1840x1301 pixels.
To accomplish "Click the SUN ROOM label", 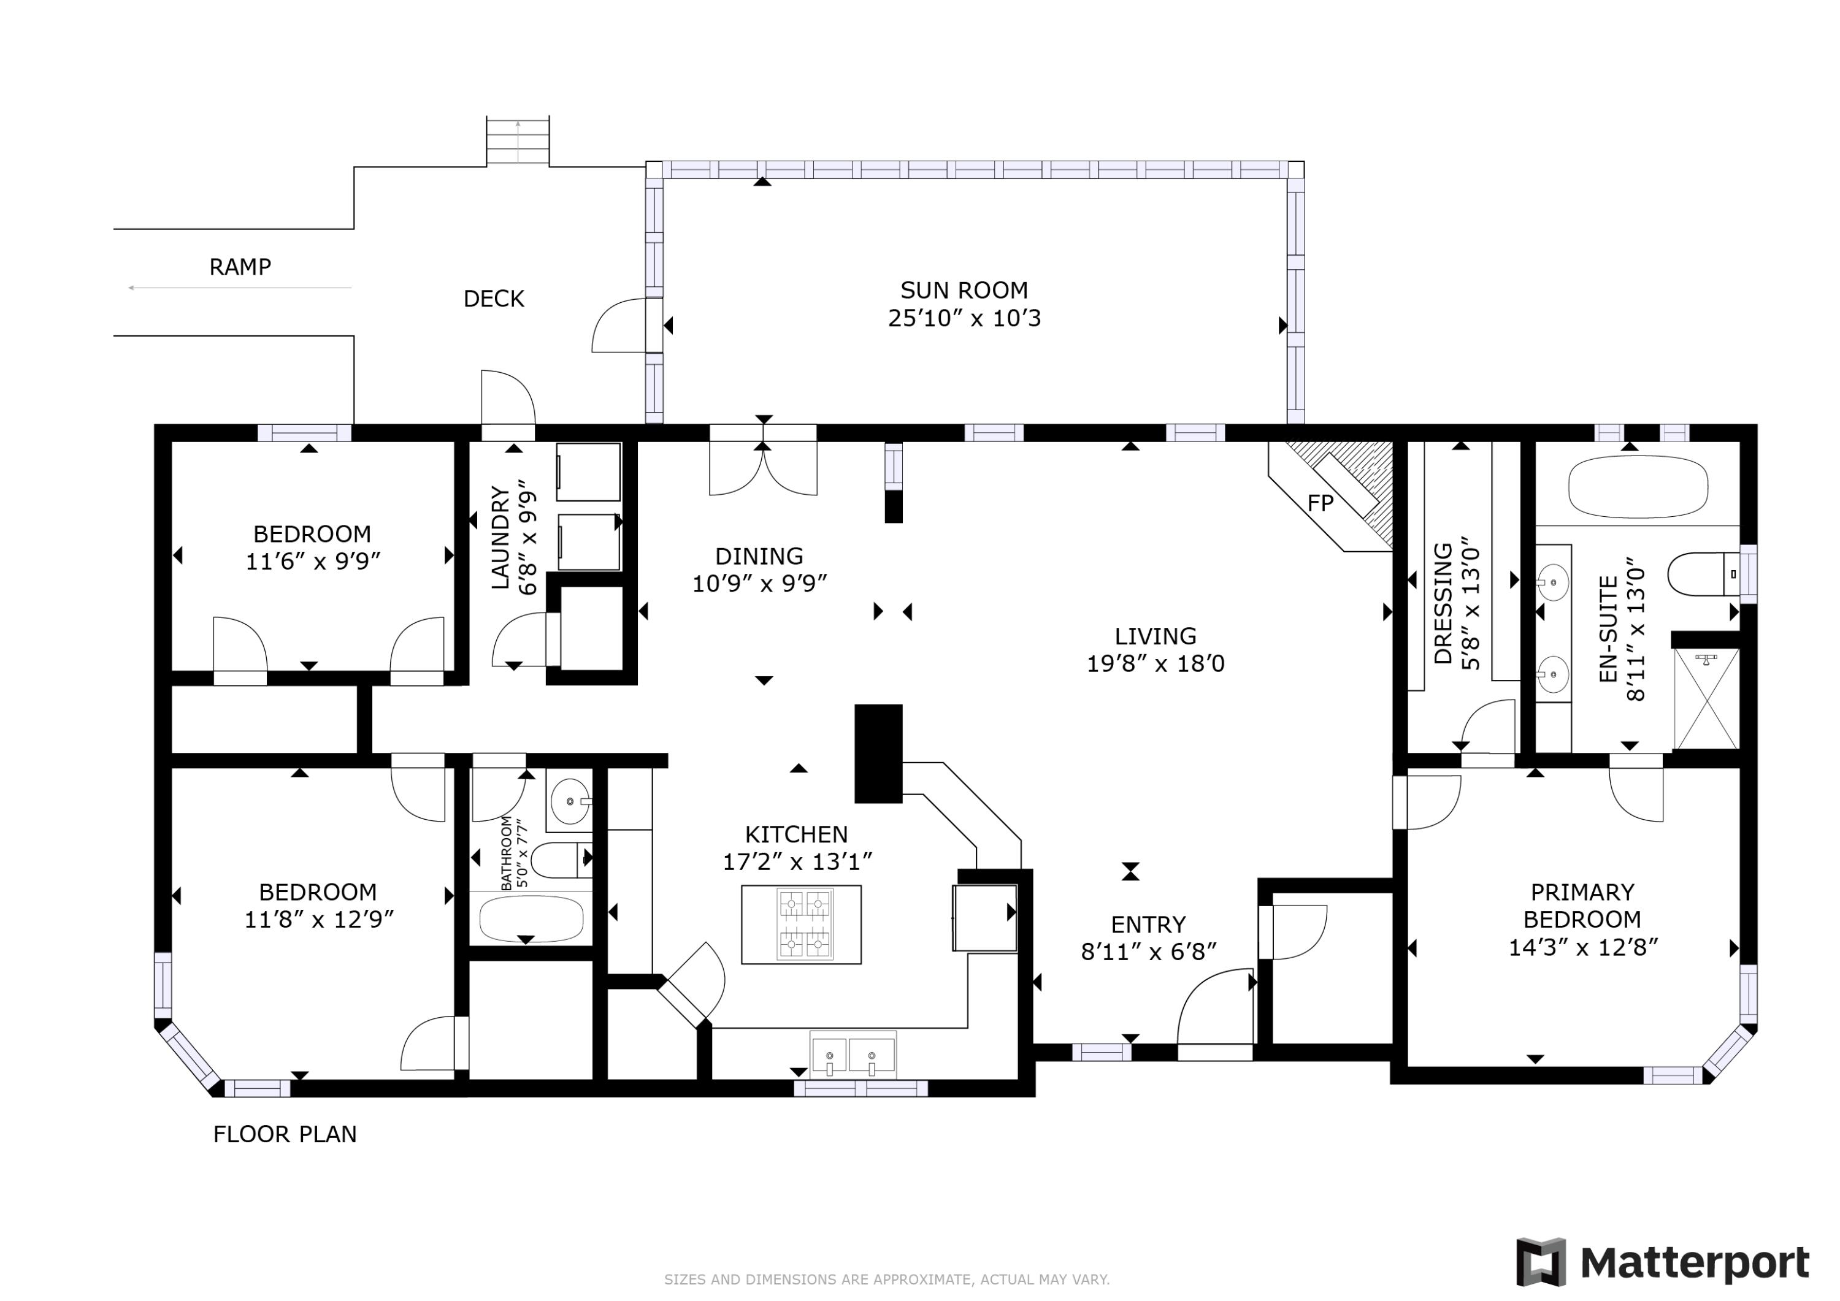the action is pyautogui.click(x=964, y=290).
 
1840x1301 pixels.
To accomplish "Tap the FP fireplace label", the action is pyautogui.click(x=1321, y=503).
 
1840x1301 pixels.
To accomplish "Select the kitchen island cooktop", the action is pyautogui.click(x=805, y=925).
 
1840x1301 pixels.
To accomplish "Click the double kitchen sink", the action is pyautogui.click(x=853, y=1055).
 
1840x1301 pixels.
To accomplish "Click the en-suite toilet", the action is pyautogui.click(x=1704, y=574).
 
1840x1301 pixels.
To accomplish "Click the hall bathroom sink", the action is pyautogui.click(x=570, y=800).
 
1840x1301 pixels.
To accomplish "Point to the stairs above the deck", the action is pyautogui.click(x=518, y=141).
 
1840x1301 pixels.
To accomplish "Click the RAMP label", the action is pyautogui.click(x=240, y=267).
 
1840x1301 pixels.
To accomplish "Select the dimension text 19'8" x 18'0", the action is pyautogui.click(x=1156, y=663).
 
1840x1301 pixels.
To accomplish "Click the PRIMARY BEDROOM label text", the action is pyautogui.click(x=1582, y=906).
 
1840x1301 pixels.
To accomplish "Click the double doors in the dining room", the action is pyautogui.click(x=763, y=468).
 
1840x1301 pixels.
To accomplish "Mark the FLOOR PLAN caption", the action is pyautogui.click(x=285, y=1134).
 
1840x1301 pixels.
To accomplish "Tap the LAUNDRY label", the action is pyautogui.click(x=500, y=538).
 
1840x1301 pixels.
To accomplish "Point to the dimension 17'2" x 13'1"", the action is pyautogui.click(x=797, y=862).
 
